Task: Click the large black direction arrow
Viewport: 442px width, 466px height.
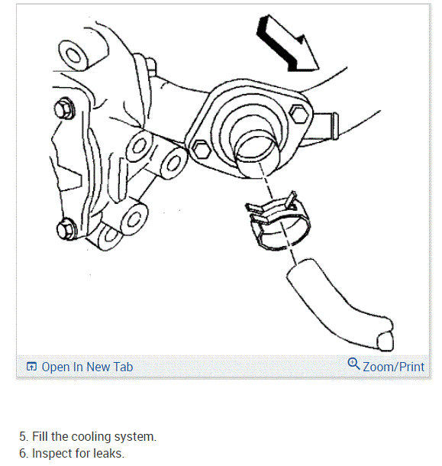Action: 286,44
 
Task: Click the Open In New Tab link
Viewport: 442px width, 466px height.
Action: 87,367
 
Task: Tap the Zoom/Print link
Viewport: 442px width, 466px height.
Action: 394,367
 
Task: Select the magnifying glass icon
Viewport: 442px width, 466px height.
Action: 353,363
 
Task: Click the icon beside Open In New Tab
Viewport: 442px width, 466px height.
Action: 31,367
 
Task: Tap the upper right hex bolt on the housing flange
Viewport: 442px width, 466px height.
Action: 299,115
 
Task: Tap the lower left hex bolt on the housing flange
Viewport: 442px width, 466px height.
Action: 202,150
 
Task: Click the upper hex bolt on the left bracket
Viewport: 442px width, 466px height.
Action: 64,109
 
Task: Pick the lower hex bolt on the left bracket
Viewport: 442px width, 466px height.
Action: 66,228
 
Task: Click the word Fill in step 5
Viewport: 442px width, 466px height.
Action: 40,436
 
